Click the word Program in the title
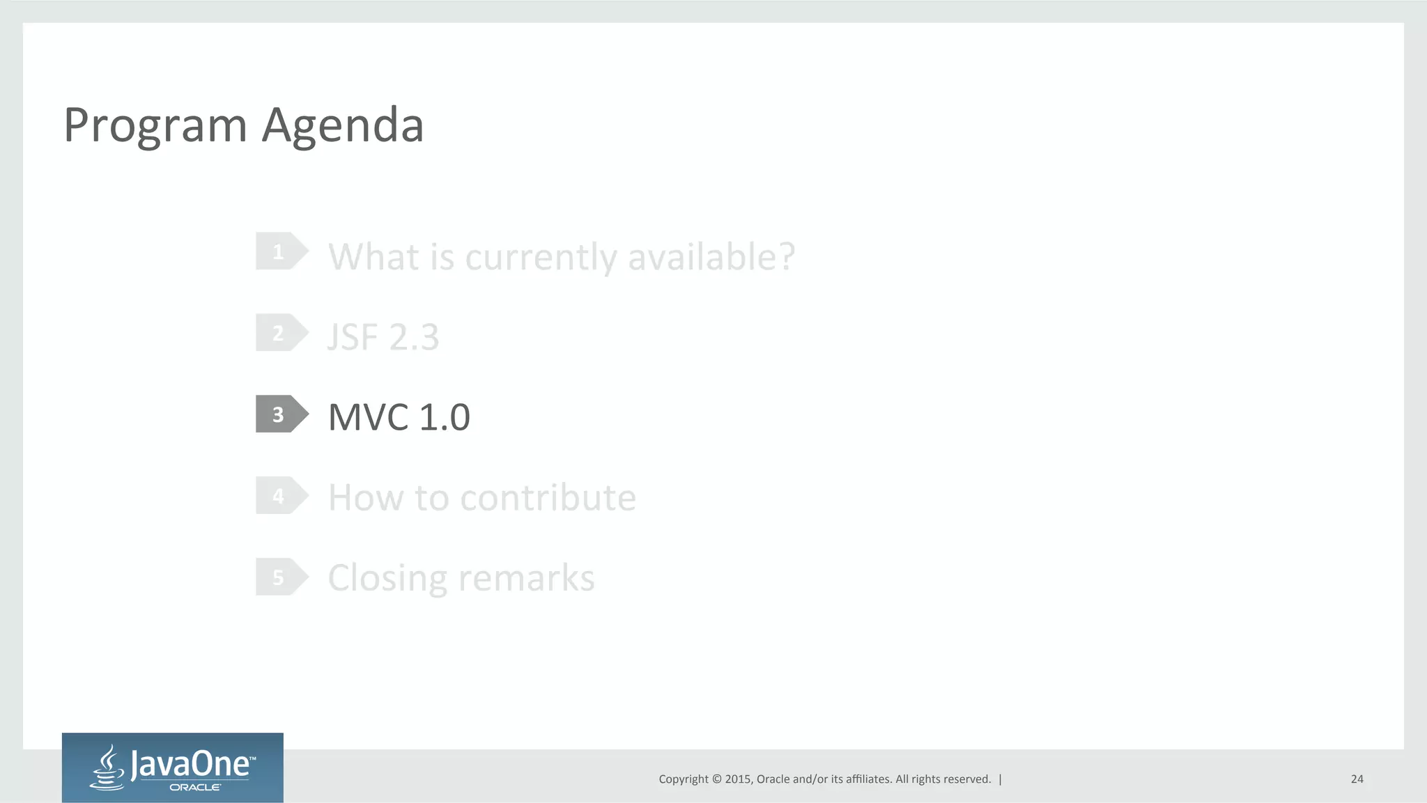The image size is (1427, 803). [155, 126]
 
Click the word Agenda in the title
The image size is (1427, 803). [343, 126]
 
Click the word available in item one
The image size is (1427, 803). [711, 257]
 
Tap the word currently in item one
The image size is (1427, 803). [541, 257]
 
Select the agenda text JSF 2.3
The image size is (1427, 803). [383, 338]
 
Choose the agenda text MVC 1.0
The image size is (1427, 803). [399, 417]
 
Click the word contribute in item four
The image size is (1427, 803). [548, 498]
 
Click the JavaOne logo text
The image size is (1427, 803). [191, 764]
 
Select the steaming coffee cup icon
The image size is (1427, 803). [107, 767]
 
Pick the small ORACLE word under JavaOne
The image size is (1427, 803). [195, 788]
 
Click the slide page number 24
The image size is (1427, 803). [1357, 779]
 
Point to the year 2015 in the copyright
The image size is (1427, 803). [738, 779]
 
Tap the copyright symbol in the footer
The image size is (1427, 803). [717, 779]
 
